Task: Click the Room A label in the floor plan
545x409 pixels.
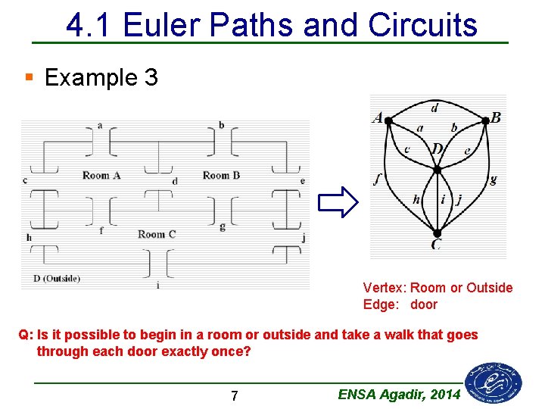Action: click(x=101, y=176)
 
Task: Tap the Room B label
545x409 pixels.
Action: click(x=221, y=175)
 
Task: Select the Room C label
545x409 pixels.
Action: click(x=157, y=234)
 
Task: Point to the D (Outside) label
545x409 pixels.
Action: click(x=57, y=278)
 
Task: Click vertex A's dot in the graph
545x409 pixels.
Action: click(x=388, y=120)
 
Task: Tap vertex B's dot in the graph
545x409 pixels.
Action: click(x=485, y=120)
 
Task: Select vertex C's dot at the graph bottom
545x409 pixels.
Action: click(x=437, y=233)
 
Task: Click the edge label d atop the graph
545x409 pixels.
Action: click(x=434, y=108)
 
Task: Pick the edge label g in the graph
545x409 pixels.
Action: click(x=494, y=180)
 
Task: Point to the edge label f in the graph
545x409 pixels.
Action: click(x=377, y=180)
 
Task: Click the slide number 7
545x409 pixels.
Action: click(x=235, y=395)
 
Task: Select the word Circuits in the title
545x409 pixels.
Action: click(x=422, y=25)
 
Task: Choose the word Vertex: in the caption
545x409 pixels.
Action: click(x=385, y=288)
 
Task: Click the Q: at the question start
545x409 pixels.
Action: click(x=26, y=335)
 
